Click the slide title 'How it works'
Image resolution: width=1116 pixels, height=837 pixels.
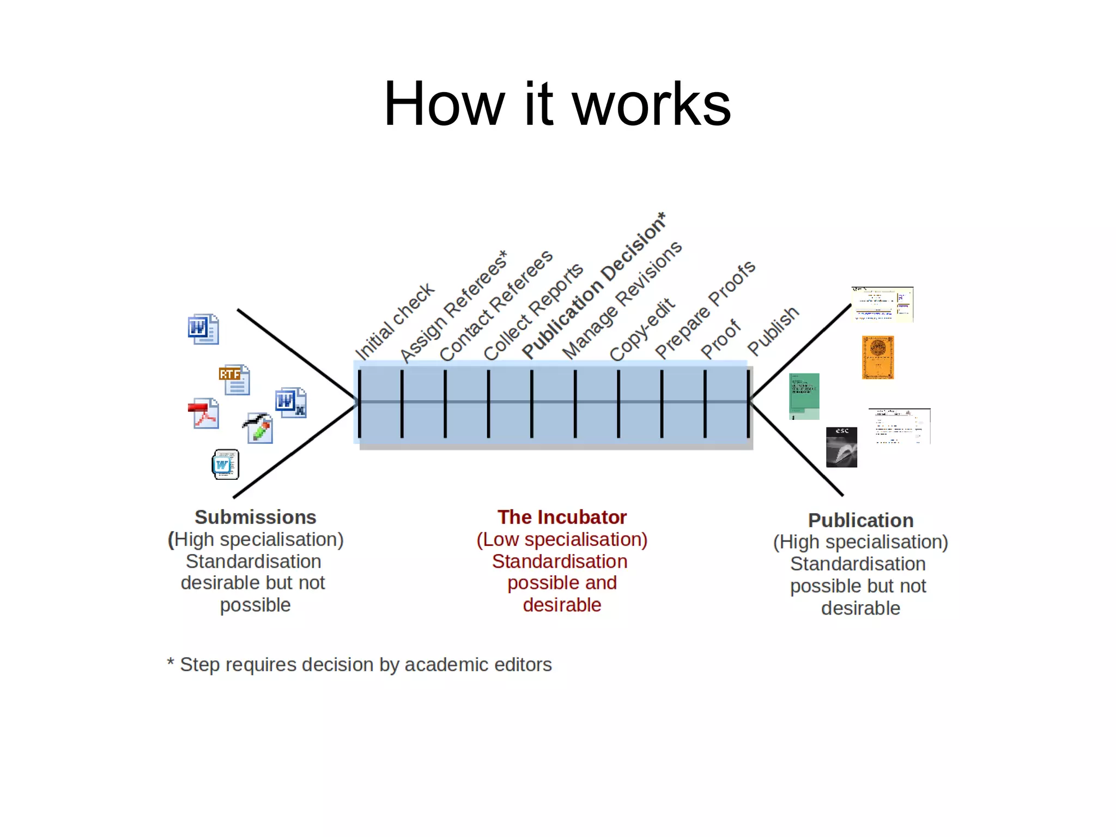coord(557,104)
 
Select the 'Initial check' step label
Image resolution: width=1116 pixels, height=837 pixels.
coord(395,321)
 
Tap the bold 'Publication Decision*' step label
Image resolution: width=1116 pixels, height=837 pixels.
coord(594,286)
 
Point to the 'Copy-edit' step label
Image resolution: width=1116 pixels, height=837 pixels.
coord(642,329)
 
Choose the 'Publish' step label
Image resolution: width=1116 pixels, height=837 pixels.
coord(773,330)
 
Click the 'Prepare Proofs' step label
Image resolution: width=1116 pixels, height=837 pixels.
coord(705,309)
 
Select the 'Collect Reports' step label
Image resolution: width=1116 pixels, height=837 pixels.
coord(533,312)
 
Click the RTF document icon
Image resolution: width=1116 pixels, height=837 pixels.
coord(235,380)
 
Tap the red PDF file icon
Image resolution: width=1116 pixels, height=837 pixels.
coord(204,413)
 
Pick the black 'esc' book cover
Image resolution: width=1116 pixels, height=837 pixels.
coord(841,447)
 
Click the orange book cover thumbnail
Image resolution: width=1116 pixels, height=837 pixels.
coord(877,357)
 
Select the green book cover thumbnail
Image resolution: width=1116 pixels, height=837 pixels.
coord(804,396)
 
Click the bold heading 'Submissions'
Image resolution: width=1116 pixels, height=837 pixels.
coord(255,517)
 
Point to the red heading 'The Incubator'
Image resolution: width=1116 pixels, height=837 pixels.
coord(562,517)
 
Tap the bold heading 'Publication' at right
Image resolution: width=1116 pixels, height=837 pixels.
coord(860,520)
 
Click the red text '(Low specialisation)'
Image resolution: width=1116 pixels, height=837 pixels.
coord(562,539)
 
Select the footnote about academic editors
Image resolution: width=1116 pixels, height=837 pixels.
coord(360,665)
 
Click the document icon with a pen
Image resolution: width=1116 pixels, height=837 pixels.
coord(258,428)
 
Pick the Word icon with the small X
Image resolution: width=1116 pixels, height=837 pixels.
coord(290,402)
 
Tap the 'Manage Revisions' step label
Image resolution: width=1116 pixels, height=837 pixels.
coord(622,300)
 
